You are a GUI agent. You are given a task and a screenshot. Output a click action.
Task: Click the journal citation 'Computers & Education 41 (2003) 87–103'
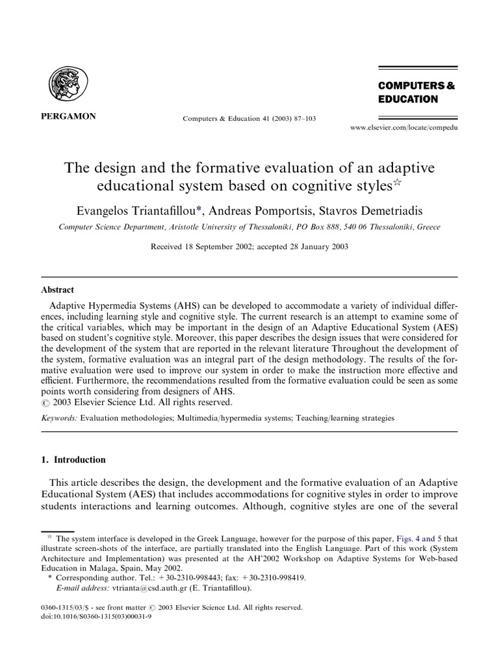[245, 118]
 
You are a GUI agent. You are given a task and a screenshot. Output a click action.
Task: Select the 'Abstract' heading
[57, 290]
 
